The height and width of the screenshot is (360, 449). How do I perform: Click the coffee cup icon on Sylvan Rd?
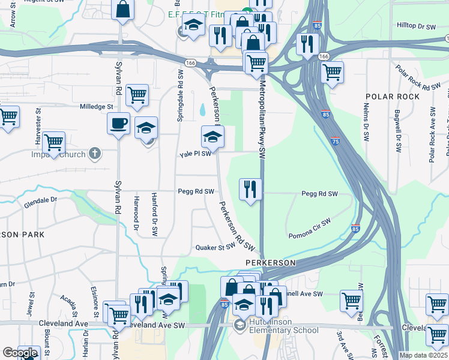pos(118,123)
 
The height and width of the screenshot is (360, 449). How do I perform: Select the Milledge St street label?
pos(97,107)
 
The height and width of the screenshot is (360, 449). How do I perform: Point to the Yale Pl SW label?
pos(196,154)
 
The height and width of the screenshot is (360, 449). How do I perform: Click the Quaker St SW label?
pos(214,247)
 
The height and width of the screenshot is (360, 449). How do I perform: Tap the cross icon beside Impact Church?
pos(94,154)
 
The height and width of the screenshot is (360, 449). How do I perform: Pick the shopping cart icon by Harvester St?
pos(53,142)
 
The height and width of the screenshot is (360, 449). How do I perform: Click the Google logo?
pos(19,353)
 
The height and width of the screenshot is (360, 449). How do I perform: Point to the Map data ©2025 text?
pos(423,355)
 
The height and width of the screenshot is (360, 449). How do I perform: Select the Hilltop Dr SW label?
pos(416,26)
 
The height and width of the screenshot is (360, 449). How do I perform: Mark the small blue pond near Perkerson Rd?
pos(202,110)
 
